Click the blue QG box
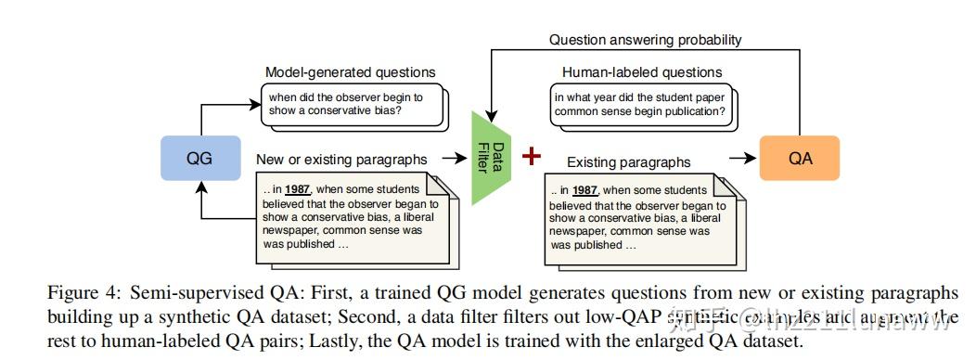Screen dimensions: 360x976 [x=199, y=159]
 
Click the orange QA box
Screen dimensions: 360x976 [x=799, y=159]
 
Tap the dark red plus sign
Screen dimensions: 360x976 [x=531, y=157]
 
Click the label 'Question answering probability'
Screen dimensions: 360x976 [x=645, y=40]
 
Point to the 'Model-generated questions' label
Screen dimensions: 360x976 [x=350, y=71]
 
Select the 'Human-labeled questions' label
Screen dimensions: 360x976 [x=641, y=71]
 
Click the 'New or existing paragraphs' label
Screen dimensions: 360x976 [x=341, y=160]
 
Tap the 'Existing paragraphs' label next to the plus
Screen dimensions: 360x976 [x=628, y=161]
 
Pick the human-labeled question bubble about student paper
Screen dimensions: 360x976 [x=639, y=104]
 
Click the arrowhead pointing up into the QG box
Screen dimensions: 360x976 [x=199, y=186]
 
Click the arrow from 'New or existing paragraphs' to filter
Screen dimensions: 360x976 [x=456, y=159]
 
